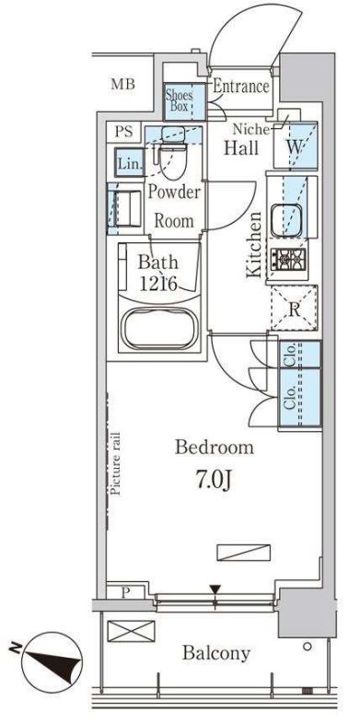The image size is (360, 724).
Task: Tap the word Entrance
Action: pyautogui.click(x=241, y=87)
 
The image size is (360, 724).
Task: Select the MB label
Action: pyautogui.click(x=122, y=84)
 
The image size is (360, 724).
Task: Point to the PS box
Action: pyautogui.click(x=123, y=132)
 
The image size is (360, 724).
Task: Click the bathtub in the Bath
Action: pyautogui.click(x=159, y=328)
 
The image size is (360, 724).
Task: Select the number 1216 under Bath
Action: pyautogui.click(x=158, y=284)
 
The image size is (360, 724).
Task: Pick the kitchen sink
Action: pyautogui.click(x=286, y=220)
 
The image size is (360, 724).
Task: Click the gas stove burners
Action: pyautogui.click(x=288, y=260)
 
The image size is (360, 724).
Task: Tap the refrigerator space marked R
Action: pyautogui.click(x=294, y=308)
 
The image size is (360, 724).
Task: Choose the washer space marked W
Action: pyautogui.click(x=296, y=146)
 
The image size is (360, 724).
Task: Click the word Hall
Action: pyautogui.click(x=241, y=147)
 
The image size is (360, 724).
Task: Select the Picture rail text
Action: pyautogui.click(x=115, y=463)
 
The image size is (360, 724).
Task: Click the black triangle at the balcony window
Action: pyautogui.click(x=215, y=590)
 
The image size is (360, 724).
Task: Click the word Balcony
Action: pyautogui.click(x=216, y=653)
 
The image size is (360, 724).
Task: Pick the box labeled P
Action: pyautogui.click(x=124, y=592)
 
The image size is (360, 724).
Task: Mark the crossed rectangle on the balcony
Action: pyautogui.click(x=131, y=631)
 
